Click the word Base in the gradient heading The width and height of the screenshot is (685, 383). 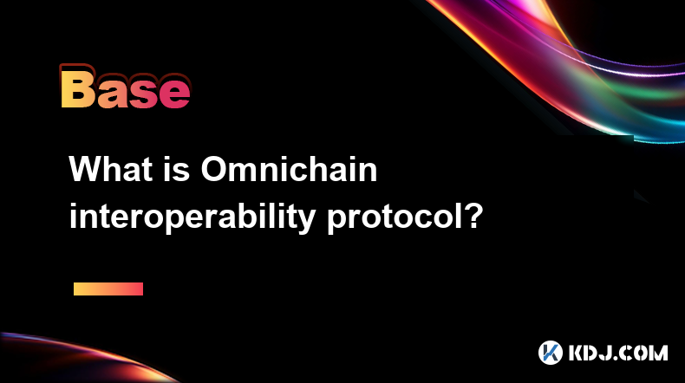pos(126,88)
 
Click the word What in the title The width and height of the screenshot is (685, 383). pos(111,169)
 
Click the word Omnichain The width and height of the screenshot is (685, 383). pos(289,169)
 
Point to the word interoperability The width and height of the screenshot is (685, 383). pos(192,217)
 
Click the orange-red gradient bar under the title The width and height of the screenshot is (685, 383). pos(108,289)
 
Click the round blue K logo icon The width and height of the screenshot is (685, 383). pos(550,353)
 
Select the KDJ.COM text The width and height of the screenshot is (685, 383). pos(618,353)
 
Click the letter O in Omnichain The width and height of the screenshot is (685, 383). pos(215,169)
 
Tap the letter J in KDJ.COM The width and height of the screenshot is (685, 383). pos(606,353)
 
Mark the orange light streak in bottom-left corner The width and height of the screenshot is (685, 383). pos(88,356)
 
